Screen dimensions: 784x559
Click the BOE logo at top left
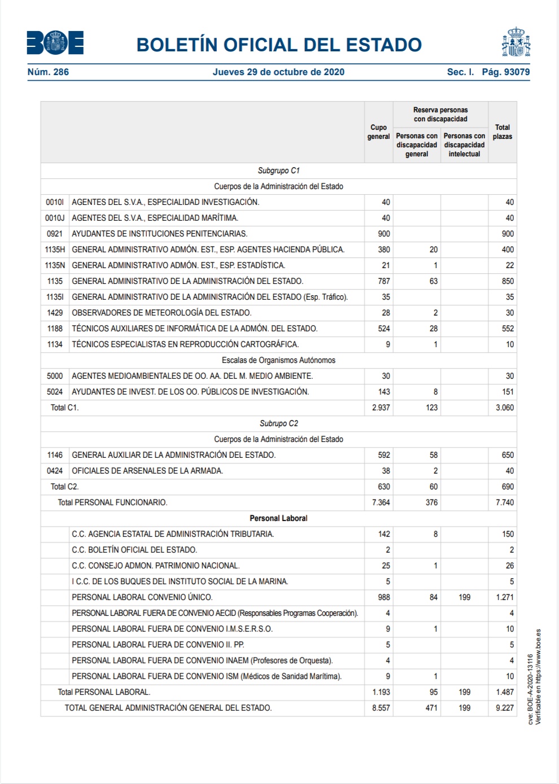click(x=55, y=43)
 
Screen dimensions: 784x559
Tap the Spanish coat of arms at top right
click(x=516, y=42)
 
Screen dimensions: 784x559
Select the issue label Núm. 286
click(x=48, y=72)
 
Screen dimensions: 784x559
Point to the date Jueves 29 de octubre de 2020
click(x=278, y=72)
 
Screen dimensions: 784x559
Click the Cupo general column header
click(x=378, y=132)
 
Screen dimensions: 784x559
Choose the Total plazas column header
click(x=502, y=132)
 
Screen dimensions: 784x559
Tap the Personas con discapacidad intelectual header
click(x=464, y=145)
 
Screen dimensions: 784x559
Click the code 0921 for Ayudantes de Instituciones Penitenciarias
click(x=55, y=234)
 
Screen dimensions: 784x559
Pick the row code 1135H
click(x=55, y=249)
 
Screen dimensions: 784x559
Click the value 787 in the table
click(x=383, y=281)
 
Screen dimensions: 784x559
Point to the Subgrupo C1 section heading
click(x=278, y=170)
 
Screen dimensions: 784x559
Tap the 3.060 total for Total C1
click(x=504, y=408)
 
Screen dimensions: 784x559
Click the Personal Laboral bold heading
click(x=278, y=518)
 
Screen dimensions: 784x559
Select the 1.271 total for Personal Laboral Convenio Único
click(x=504, y=597)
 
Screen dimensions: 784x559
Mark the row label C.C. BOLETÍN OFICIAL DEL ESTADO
click(x=134, y=550)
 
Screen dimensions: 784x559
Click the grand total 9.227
click(x=504, y=708)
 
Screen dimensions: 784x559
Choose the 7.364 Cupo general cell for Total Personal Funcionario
click(x=381, y=502)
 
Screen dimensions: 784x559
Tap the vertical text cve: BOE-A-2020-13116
click(x=530, y=689)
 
